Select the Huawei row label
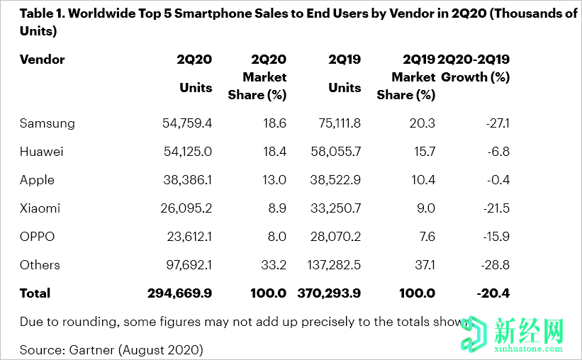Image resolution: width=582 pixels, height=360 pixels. coord(42,152)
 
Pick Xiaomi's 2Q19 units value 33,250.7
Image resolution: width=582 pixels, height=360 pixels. coord(336,208)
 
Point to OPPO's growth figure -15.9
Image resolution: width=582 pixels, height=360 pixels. coord(494,237)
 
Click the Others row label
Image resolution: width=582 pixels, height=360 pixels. coord(40,265)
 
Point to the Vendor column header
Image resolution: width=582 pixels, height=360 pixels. coord(43,60)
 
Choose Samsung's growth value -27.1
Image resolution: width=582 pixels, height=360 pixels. coord(494,123)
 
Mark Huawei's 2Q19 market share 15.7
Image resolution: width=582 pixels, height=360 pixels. coord(422,152)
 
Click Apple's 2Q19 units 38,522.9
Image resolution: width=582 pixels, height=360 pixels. coord(336,180)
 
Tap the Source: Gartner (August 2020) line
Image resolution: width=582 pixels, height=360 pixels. coord(111,349)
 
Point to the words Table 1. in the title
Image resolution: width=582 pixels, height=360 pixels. coord(44,14)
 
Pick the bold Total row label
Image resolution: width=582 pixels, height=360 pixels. coord(35,293)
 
